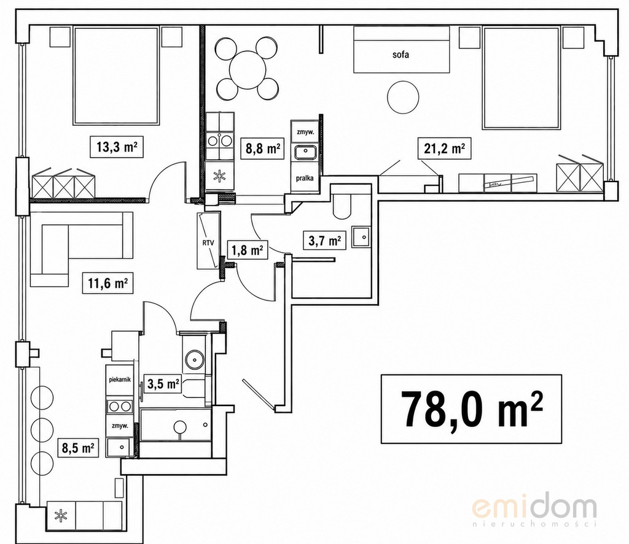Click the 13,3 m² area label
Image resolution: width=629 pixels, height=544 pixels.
coord(117,147)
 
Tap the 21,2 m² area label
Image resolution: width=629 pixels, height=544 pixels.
coord(445,148)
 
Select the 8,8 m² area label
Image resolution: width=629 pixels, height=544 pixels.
coord(262,148)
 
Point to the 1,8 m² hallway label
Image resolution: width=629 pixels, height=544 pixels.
coord(247,250)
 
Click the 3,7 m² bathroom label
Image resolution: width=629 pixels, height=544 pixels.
coord(325,240)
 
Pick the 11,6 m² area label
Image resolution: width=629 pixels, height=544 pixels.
coord(107,283)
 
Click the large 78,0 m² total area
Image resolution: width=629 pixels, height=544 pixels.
coord(471,409)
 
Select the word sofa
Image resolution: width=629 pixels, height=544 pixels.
coord(400,55)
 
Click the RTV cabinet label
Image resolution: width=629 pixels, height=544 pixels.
coord(208,242)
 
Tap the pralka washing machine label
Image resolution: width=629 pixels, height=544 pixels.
coord(305,178)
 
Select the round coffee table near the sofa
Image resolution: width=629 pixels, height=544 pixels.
coord(403,97)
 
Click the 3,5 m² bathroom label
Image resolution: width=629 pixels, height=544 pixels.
coord(163,384)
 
